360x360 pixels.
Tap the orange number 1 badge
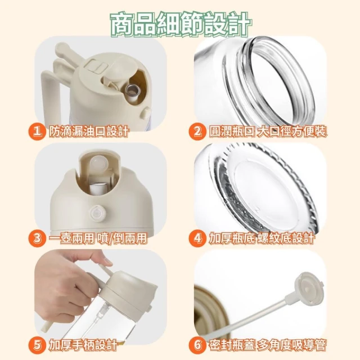coord(37,133)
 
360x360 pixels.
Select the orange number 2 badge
coord(197,133)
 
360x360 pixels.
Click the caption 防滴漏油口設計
coord(88,133)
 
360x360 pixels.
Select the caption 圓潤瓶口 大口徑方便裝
coord(268,133)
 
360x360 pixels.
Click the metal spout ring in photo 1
coord(133,90)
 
